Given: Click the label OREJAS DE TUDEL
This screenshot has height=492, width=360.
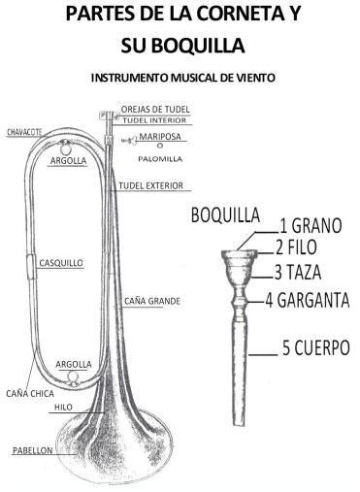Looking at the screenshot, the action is point(155,109).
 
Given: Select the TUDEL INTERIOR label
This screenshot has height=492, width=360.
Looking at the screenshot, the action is point(155,120).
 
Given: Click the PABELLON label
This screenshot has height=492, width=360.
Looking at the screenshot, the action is point(34,451).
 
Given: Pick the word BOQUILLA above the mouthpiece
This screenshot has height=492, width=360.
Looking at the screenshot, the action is point(224,214).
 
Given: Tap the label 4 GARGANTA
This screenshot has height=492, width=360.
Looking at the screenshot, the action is point(308,300).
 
